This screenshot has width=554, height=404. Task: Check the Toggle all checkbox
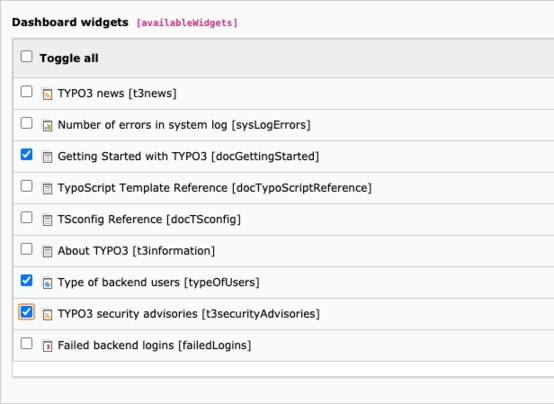(x=26, y=56)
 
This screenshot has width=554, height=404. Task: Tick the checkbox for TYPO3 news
(x=26, y=91)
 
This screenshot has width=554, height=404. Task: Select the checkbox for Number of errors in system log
(x=26, y=123)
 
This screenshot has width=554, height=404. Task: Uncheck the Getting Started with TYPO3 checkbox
(x=26, y=154)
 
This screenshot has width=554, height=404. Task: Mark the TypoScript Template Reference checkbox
(x=26, y=186)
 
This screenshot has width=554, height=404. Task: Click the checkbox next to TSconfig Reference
(x=26, y=217)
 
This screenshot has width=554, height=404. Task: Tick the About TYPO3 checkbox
(x=26, y=249)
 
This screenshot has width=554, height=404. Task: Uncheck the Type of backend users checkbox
(x=26, y=280)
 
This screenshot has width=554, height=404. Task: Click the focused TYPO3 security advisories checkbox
(x=26, y=312)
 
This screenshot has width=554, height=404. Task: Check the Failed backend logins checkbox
(x=26, y=343)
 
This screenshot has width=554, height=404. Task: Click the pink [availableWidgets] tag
(x=187, y=23)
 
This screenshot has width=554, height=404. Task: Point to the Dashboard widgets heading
(x=70, y=22)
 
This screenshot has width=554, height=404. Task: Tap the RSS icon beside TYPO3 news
(x=47, y=94)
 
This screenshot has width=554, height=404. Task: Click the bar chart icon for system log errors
(x=47, y=125)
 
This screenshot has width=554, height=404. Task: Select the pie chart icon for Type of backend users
(x=47, y=283)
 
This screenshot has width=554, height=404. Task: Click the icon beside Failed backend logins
(x=47, y=346)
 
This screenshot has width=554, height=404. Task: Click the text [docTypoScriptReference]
(x=302, y=188)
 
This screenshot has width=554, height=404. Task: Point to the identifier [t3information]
(x=174, y=251)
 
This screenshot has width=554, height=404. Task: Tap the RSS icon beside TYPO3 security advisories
(x=47, y=314)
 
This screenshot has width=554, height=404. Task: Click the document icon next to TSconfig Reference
(x=47, y=220)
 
